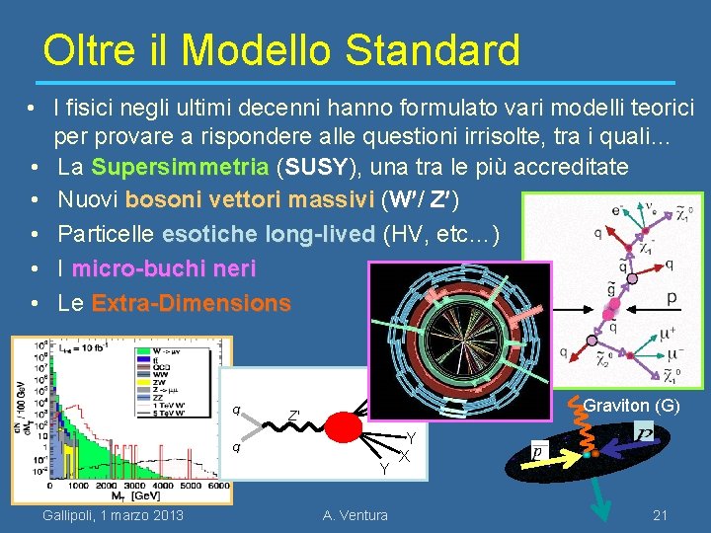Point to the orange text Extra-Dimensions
click(x=191, y=303)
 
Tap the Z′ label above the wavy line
click(x=293, y=416)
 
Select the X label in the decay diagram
click(x=405, y=456)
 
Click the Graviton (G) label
click(x=631, y=405)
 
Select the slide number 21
click(x=661, y=514)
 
